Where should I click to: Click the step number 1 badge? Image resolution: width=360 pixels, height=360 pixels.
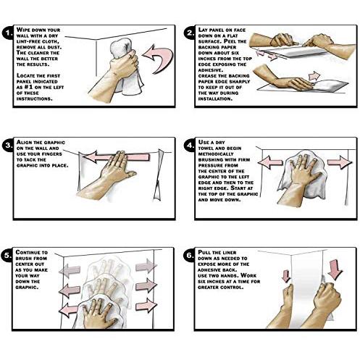point(8,33)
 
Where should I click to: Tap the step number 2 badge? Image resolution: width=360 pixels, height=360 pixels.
point(190,33)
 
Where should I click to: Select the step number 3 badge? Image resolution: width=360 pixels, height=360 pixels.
point(8,145)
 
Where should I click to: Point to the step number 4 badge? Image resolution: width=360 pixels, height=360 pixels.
point(190,145)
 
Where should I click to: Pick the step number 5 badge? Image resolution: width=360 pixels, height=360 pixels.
point(7,255)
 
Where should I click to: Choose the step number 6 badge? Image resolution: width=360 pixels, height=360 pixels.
point(190,255)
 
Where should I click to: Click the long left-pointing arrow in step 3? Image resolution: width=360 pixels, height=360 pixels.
point(117,157)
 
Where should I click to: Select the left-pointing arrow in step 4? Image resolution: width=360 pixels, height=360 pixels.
point(270,162)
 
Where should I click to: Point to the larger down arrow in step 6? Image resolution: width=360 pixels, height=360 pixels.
point(335,269)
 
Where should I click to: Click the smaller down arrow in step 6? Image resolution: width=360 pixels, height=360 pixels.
point(286,276)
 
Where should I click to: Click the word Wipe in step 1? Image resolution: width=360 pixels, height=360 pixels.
point(23,30)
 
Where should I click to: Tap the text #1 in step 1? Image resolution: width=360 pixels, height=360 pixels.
point(29,87)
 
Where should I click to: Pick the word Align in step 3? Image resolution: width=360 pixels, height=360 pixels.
point(24,142)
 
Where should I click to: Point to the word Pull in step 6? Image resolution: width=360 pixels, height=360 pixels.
point(204,252)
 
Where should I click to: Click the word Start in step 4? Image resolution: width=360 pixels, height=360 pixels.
point(238,188)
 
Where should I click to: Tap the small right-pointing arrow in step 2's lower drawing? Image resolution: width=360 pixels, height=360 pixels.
point(314,76)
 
